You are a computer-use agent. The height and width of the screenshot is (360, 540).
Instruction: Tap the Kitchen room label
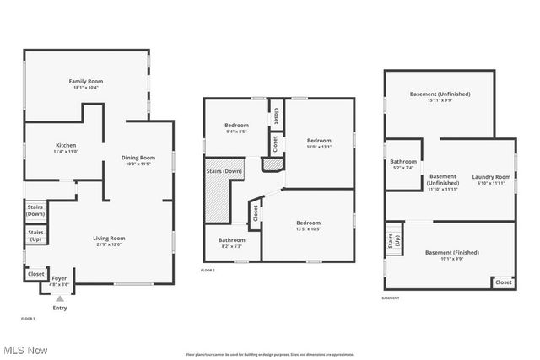click(66, 148)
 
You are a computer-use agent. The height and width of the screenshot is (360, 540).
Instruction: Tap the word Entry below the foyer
click(59, 308)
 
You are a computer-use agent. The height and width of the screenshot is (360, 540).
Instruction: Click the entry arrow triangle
click(59, 298)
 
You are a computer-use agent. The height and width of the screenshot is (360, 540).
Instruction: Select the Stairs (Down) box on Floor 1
click(35, 210)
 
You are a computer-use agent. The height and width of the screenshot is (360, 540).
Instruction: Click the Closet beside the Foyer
click(36, 274)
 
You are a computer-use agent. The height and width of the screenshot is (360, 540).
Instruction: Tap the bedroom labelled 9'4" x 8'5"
click(236, 128)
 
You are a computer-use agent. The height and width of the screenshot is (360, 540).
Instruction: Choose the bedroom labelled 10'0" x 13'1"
click(319, 143)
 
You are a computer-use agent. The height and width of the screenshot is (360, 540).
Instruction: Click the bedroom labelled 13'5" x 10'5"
click(308, 226)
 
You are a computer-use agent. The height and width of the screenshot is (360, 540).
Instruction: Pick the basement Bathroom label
click(403, 164)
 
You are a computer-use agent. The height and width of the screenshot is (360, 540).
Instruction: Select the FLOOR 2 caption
click(208, 271)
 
